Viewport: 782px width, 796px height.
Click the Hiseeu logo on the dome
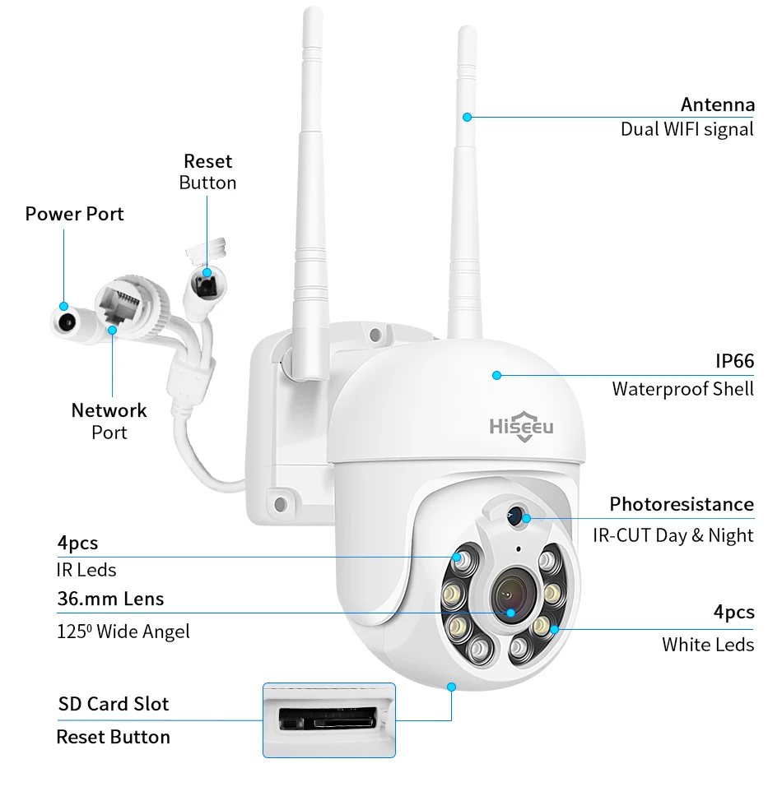click(522, 427)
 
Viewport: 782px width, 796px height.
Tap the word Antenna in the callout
click(717, 104)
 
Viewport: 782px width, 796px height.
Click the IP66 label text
click(733, 361)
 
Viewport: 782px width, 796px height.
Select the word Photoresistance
click(681, 504)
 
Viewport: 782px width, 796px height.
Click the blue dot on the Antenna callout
click(467, 117)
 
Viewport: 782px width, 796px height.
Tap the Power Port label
click(74, 214)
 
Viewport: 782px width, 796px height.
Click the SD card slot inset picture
click(328, 720)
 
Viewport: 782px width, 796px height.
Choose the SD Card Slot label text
click(113, 704)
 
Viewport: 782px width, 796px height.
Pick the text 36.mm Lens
click(110, 599)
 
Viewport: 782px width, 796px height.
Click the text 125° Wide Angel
click(123, 632)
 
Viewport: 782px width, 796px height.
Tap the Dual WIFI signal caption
click(687, 129)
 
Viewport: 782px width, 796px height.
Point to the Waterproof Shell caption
click(682, 388)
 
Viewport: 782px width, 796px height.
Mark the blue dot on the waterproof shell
click(496, 375)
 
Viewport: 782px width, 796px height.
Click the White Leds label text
click(707, 644)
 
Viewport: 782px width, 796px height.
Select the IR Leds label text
click(86, 570)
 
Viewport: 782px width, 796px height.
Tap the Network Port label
click(109, 420)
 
